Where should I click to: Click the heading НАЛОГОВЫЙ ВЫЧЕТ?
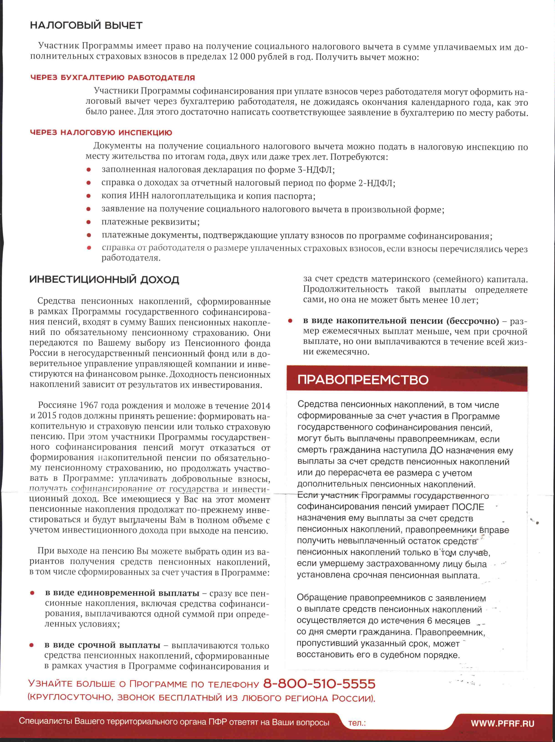[x=86, y=26]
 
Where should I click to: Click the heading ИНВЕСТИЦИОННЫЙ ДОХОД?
[x=104, y=280]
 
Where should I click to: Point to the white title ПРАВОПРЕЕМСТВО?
[x=363, y=380]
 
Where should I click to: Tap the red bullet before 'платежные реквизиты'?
[x=89, y=222]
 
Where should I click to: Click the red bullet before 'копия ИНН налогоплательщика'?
[x=89, y=196]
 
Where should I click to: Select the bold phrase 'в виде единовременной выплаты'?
[x=122, y=593]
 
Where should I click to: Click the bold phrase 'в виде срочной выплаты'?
[x=102, y=645]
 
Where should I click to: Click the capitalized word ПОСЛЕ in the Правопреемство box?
[x=468, y=507]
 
